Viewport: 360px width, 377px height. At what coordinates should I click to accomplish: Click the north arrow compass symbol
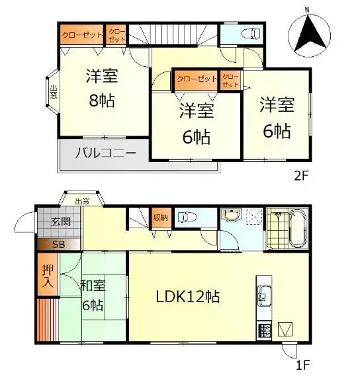point(309,35)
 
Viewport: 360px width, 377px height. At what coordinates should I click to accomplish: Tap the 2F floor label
point(301,175)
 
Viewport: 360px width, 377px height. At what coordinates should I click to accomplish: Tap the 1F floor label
point(302,364)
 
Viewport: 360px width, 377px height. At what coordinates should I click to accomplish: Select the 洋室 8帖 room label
point(102,88)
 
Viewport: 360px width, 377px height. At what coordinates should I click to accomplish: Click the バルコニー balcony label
point(106,153)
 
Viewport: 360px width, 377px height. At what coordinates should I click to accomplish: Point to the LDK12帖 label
point(188,296)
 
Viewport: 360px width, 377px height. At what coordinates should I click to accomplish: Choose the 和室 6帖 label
point(93,295)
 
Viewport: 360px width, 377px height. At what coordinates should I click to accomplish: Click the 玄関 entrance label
point(61,221)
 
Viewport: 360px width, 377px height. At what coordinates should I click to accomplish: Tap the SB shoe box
point(58,245)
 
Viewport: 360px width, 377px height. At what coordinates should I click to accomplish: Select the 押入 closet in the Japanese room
point(48,274)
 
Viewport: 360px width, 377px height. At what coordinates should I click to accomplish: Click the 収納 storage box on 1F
point(161,218)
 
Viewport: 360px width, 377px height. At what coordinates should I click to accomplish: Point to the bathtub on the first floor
point(298,228)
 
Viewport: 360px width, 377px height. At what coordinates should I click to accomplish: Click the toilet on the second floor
point(252,34)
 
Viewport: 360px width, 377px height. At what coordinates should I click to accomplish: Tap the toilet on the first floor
point(187,218)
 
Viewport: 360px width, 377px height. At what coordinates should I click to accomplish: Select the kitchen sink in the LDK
point(265,296)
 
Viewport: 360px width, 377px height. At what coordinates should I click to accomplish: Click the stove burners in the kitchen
point(264,330)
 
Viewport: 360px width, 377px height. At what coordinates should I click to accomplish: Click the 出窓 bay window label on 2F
point(54,92)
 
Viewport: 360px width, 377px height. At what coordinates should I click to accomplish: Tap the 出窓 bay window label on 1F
point(82,201)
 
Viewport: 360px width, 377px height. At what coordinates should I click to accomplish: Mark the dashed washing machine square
point(254,217)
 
